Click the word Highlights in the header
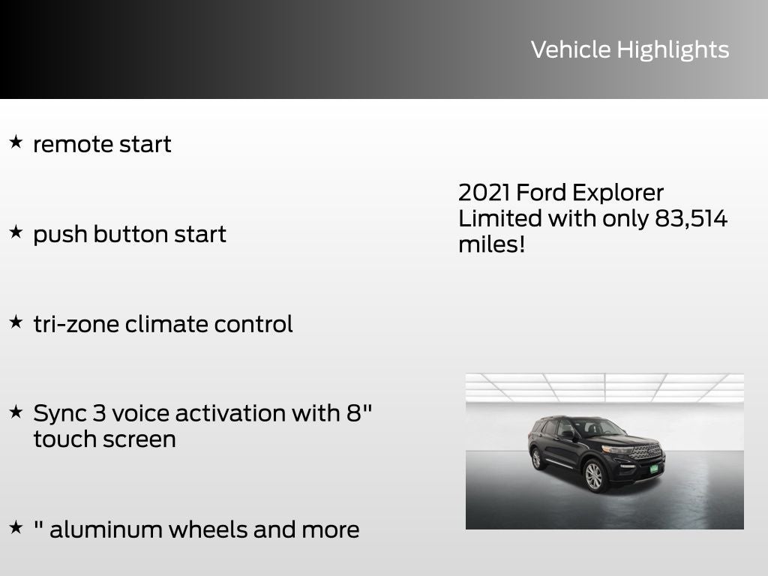(673, 50)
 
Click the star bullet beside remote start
(16, 142)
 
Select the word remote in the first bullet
(71, 144)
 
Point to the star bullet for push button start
(16, 232)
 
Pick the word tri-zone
(76, 324)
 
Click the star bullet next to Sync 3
(16, 411)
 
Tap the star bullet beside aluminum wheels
(16, 527)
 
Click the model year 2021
(484, 193)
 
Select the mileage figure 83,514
(690, 219)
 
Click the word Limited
(499, 219)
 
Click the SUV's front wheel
(594, 475)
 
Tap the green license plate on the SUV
(653, 469)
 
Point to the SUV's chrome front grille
(644, 451)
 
